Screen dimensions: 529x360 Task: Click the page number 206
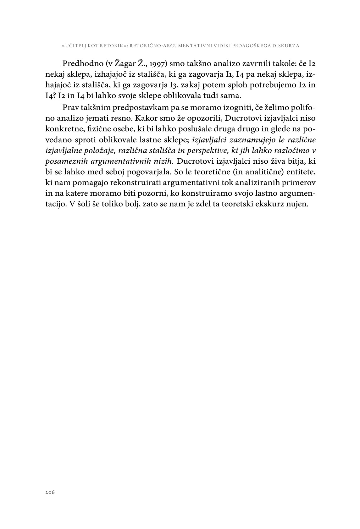click(x=50, y=493)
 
